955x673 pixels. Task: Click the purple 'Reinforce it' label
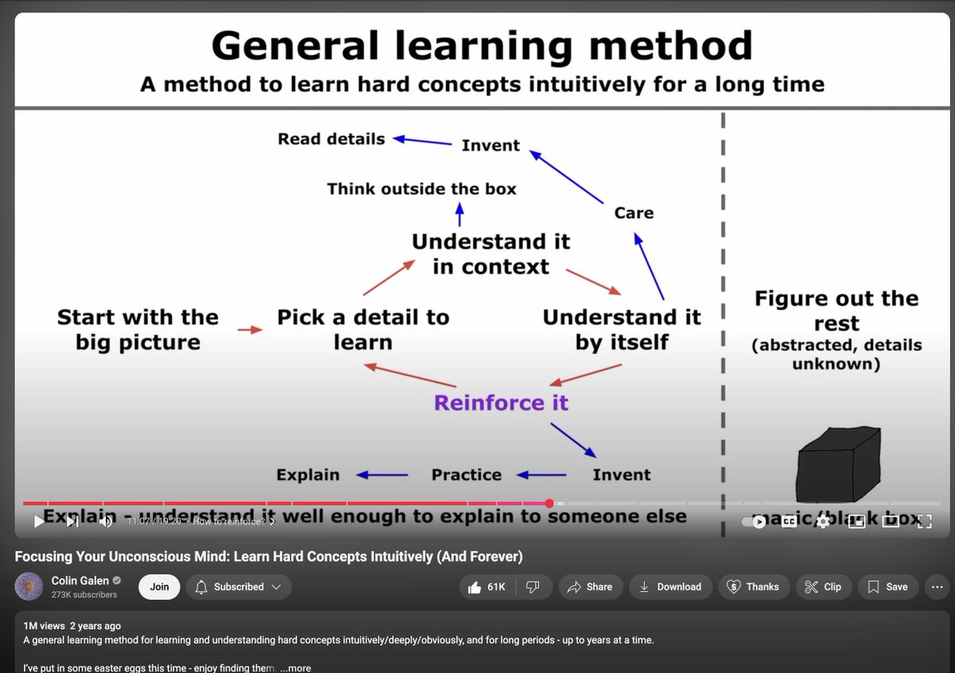(501, 403)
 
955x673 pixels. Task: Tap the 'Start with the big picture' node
(137, 329)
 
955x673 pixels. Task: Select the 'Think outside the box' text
(421, 189)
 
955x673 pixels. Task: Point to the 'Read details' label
(331, 139)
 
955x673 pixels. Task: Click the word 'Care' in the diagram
(633, 213)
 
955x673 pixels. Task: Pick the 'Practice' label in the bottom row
(466, 475)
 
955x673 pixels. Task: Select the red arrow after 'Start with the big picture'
(250, 329)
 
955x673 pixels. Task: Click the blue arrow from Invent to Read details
(423, 141)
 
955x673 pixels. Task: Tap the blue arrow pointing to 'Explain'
(381, 475)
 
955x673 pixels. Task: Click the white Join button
(159, 587)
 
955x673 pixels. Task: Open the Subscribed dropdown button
(239, 587)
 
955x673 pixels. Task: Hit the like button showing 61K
(488, 587)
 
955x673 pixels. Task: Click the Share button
(590, 587)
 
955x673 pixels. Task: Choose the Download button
(670, 587)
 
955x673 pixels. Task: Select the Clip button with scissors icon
(823, 587)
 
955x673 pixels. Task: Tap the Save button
(887, 587)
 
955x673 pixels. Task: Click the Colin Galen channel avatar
(29, 586)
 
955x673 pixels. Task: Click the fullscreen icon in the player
(924, 522)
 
